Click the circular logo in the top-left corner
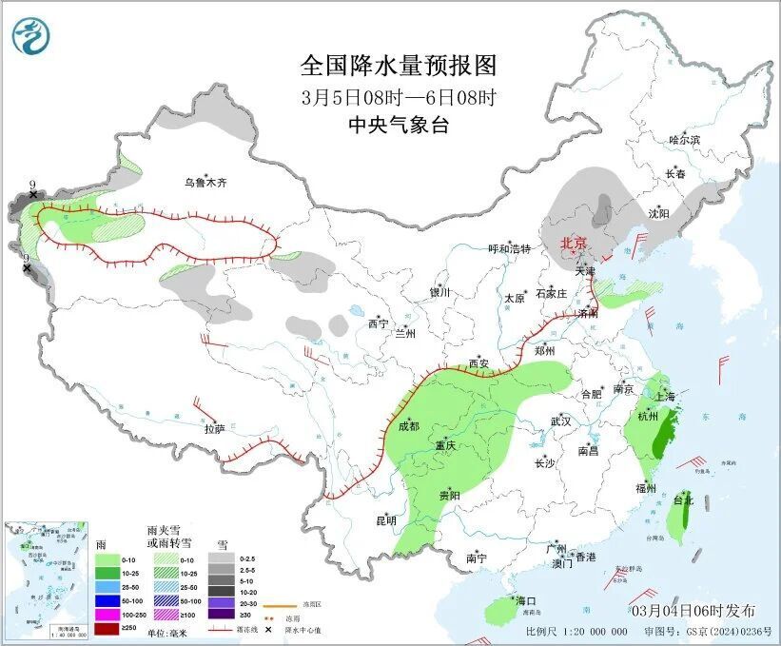point(29,35)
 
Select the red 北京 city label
point(575,243)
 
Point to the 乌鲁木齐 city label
point(206,183)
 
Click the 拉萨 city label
point(214,429)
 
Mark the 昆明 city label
point(385,520)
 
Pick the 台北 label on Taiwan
point(683,499)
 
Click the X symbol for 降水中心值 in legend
point(269,630)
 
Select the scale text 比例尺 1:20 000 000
point(576,631)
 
